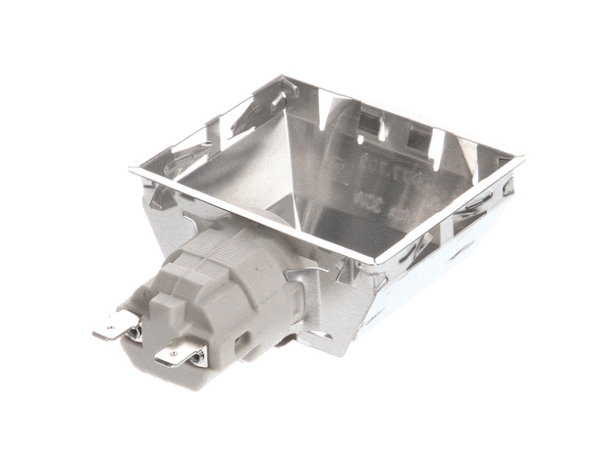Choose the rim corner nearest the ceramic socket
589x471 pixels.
pos(377,262)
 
